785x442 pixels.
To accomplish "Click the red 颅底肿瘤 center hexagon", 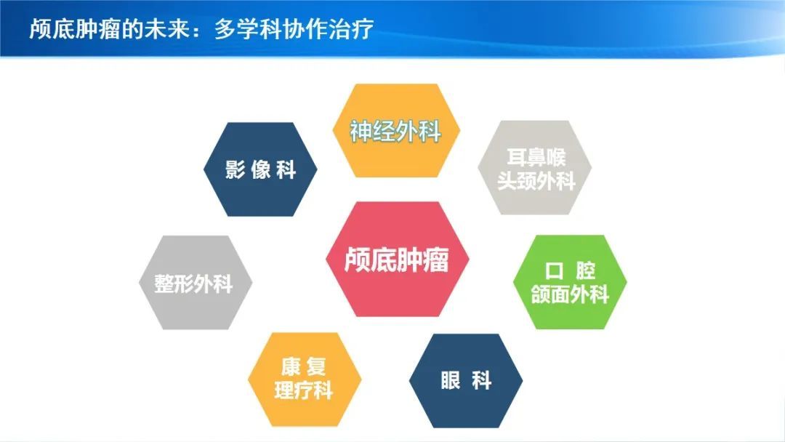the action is [x=397, y=259].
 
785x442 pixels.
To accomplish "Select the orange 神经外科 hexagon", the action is [x=396, y=131].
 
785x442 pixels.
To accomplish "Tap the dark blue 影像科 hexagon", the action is [x=260, y=169].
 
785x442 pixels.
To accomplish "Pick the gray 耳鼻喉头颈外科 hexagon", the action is [x=535, y=168].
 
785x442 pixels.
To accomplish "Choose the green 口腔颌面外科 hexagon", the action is [x=570, y=282].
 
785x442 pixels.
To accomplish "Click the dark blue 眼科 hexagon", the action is [x=466, y=380].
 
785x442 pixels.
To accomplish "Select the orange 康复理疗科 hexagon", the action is [x=305, y=379].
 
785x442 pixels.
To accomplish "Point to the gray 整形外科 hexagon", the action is [x=196, y=282].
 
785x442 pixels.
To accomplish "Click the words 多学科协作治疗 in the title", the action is [x=294, y=29].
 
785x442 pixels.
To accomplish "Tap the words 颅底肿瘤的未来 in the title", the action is [x=109, y=29].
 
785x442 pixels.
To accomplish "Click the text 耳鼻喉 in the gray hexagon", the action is [x=536, y=157].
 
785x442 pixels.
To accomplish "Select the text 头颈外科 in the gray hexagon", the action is [x=536, y=181].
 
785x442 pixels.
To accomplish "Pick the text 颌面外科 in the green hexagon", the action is [x=570, y=294].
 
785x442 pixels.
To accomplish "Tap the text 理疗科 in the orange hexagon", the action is [x=304, y=390].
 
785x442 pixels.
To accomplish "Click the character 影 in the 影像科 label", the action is [x=235, y=169].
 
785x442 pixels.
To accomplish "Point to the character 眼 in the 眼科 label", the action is [x=451, y=380].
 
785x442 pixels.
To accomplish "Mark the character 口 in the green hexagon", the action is [x=554, y=271].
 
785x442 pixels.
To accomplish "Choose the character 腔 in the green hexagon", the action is [x=585, y=271].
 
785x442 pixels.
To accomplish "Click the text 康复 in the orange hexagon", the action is [x=303, y=367].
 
